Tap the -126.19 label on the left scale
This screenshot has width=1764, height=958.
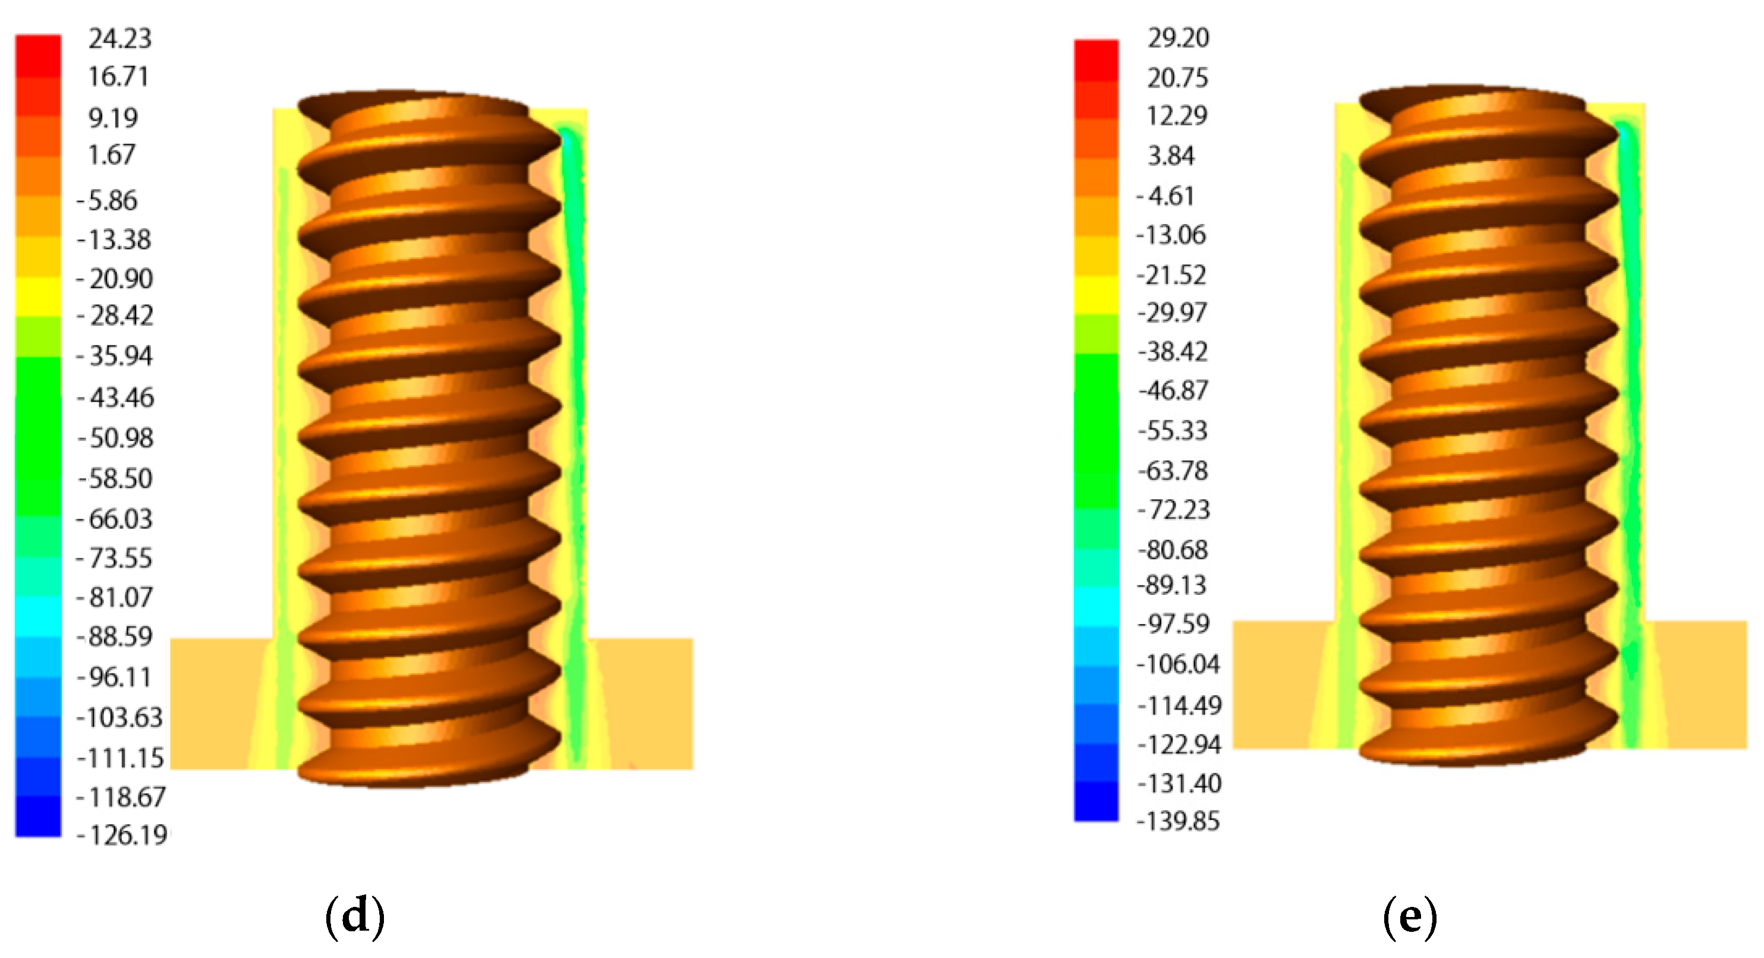pos(122,836)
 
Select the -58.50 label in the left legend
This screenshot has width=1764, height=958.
pos(115,478)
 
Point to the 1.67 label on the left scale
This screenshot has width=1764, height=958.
pos(111,155)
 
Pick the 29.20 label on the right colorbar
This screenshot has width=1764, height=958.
pos(1178,37)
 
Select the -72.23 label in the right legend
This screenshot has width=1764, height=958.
pos(1174,510)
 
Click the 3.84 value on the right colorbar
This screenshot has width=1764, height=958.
pos(1170,156)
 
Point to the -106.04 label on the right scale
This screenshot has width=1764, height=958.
pos(1178,664)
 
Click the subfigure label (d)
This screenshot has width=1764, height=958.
pos(355,916)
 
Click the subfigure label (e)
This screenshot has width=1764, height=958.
pos(1409,916)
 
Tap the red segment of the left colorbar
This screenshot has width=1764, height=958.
pos(39,55)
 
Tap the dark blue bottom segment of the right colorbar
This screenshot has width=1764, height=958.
pos(1095,801)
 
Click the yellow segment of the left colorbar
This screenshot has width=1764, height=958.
pos(39,296)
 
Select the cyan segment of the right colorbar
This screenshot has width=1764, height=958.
pos(1095,606)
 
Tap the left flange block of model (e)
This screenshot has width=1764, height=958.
pos(1274,685)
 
